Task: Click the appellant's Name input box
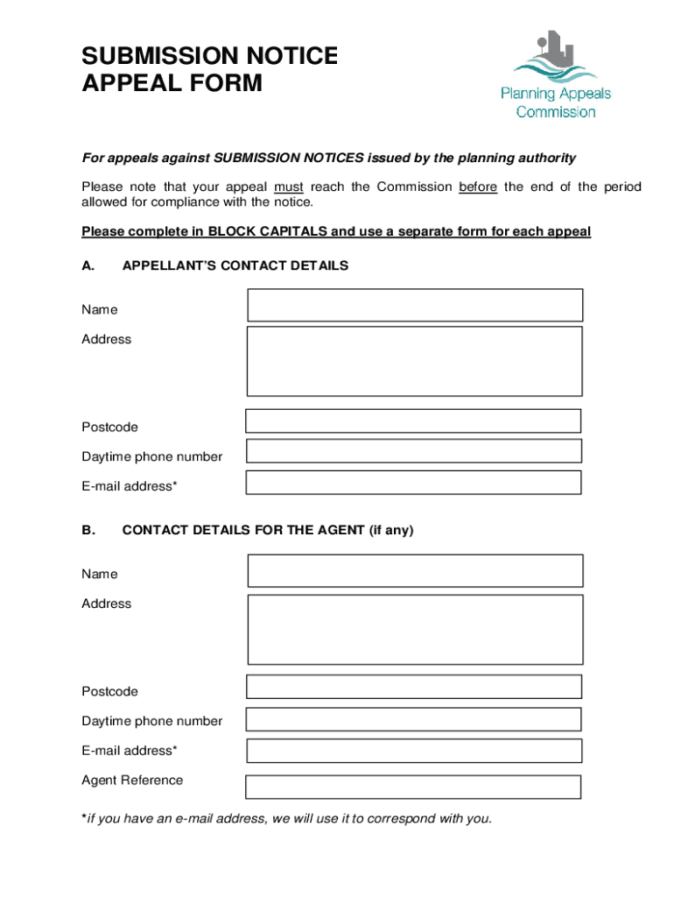[x=415, y=305]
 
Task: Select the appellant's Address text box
[x=415, y=361]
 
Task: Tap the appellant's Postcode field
[x=413, y=421]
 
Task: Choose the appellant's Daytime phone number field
[x=413, y=451]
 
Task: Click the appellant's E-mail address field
[x=413, y=483]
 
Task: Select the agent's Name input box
[x=415, y=570]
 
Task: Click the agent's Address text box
[x=415, y=629]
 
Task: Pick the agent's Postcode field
[x=413, y=687]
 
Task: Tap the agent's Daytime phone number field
[x=413, y=719]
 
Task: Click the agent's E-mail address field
[x=413, y=751]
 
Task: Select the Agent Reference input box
[x=413, y=787]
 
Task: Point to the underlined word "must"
[x=289, y=187]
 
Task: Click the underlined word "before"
[x=478, y=187]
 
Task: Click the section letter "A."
[x=88, y=265]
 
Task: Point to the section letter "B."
[x=88, y=530]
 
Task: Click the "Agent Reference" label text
[x=132, y=780]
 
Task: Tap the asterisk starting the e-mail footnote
[x=84, y=818]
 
